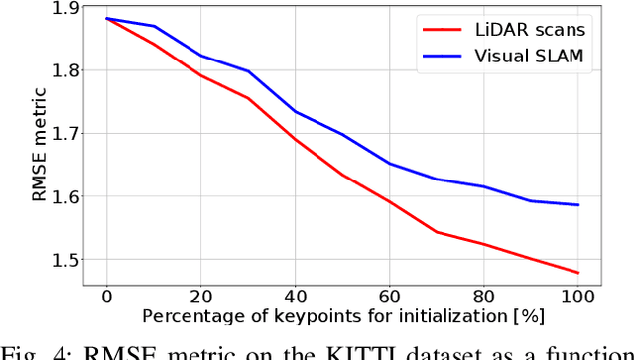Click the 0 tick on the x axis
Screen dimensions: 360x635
point(106,296)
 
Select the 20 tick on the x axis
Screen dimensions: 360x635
point(200,296)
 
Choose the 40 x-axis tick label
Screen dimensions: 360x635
point(295,296)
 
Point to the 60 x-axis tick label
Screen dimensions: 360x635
point(389,296)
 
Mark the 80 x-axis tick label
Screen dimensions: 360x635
point(483,296)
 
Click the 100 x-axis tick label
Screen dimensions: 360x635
point(577,296)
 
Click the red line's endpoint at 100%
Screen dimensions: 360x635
point(577,272)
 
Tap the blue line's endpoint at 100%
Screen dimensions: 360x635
point(577,205)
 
